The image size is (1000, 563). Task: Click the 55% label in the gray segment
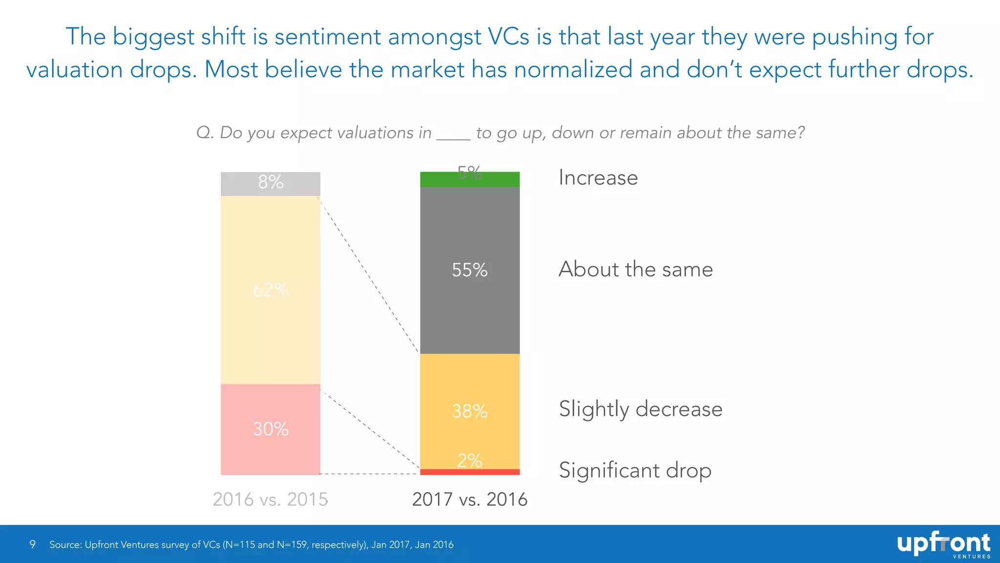[x=469, y=270]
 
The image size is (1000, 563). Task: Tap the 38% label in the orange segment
[x=469, y=411]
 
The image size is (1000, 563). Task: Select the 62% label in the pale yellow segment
[x=271, y=290]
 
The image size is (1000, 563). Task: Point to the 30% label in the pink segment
[x=271, y=429]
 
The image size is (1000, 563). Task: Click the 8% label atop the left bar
[x=271, y=182]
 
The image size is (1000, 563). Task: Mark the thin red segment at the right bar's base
[x=470, y=472]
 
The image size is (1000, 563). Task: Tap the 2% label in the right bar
[x=469, y=460]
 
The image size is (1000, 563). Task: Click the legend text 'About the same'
[x=635, y=269]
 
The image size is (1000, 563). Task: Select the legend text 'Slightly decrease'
[x=640, y=409]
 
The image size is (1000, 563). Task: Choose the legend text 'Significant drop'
[x=635, y=471]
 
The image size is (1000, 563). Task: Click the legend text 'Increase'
[x=598, y=177]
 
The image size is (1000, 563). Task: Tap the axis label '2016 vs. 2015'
[x=271, y=499]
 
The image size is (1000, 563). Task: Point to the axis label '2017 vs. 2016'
[x=470, y=499]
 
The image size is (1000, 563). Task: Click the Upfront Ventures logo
[x=943, y=544]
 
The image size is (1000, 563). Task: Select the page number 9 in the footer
[x=32, y=544]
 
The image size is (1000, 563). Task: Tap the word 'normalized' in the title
[x=573, y=69]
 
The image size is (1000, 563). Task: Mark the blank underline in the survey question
[x=453, y=137]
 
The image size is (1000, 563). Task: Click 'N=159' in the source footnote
[x=292, y=544]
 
